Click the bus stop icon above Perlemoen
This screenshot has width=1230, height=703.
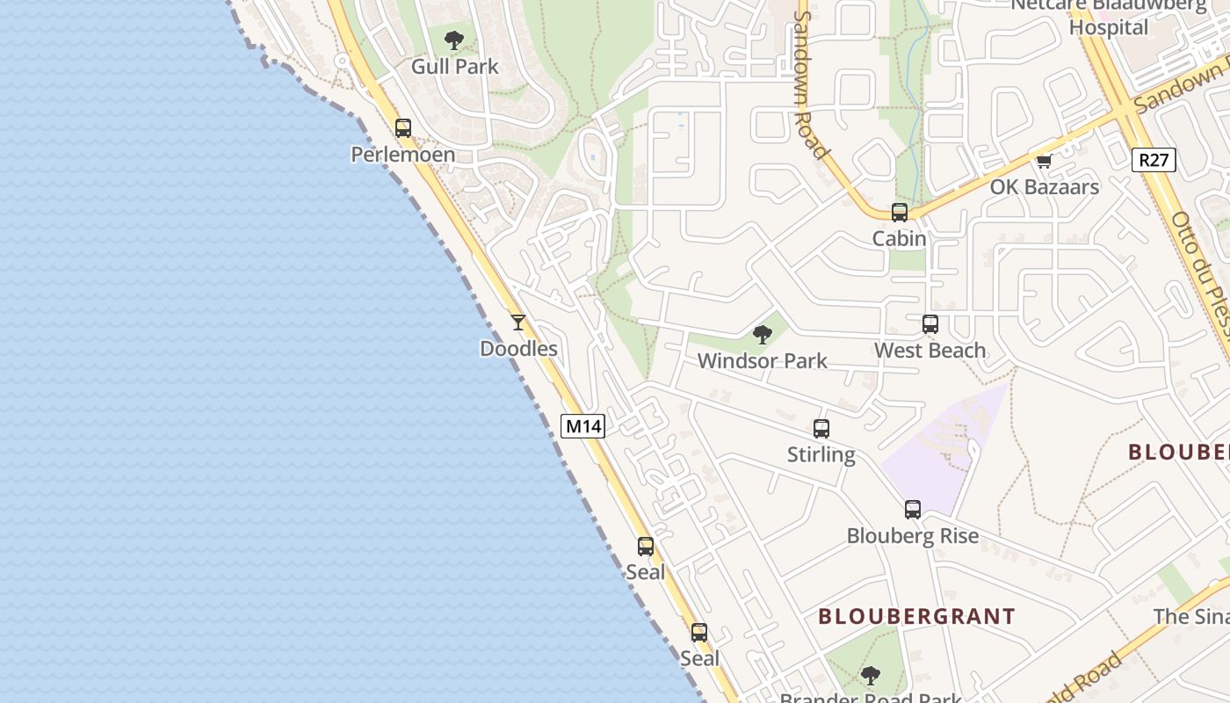click(x=403, y=127)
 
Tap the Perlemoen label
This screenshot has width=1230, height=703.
click(x=403, y=156)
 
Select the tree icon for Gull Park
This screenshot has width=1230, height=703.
click(x=454, y=40)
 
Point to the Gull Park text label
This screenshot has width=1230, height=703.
click(x=455, y=67)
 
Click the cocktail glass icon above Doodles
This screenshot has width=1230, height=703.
click(x=518, y=323)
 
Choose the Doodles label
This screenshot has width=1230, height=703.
click(x=518, y=349)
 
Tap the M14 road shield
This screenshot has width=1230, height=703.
click(x=583, y=426)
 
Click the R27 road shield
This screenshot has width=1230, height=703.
click(x=1154, y=159)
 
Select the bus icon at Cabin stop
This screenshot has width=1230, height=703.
click(x=899, y=212)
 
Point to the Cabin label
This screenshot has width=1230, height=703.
click(x=899, y=238)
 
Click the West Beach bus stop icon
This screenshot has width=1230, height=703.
click(x=930, y=323)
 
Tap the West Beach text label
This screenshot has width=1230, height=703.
click(x=930, y=351)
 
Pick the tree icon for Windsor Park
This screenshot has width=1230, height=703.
click(x=762, y=334)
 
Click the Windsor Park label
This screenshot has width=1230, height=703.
click(x=762, y=361)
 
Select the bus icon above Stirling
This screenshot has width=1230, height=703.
click(x=821, y=428)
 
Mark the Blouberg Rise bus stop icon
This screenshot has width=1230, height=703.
click(x=913, y=509)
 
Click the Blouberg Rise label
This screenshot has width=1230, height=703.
click(x=913, y=536)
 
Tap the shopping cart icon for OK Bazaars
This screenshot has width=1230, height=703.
click(x=1044, y=161)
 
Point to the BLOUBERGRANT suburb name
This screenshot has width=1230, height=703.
click(x=916, y=617)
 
